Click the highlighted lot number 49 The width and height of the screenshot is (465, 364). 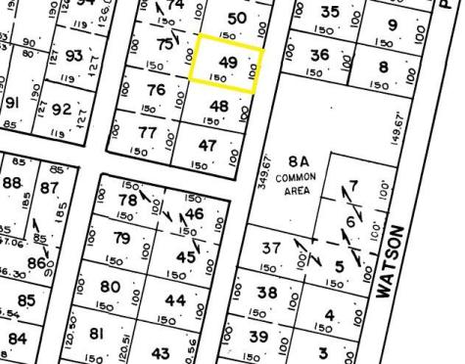point(228,64)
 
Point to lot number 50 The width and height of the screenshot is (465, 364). point(236,19)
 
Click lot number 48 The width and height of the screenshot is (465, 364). point(219,107)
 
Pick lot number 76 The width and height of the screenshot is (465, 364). point(156,90)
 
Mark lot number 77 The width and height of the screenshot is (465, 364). point(148,132)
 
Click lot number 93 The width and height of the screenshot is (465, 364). point(72,57)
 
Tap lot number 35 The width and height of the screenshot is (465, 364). point(330,13)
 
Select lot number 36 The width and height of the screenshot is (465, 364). point(319,55)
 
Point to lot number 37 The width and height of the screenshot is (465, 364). point(272,250)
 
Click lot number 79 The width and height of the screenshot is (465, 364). point(121,238)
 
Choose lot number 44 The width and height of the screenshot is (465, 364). point(175,301)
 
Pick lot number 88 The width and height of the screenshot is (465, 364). point(13,183)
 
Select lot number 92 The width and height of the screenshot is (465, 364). point(62,109)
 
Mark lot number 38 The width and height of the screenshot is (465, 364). point(266,293)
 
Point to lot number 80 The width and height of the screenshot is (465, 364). point(111,288)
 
